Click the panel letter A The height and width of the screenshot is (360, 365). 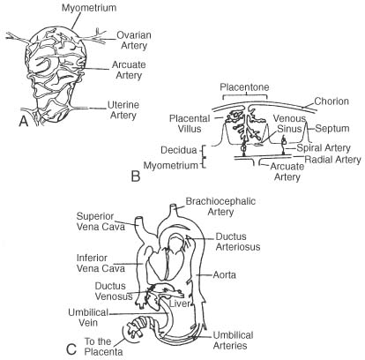[x=24, y=121]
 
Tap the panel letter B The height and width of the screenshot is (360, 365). [x=136, y=176]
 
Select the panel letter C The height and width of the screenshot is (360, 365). [x=71, y=349]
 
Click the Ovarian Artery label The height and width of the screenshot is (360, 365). [x=134, y=41]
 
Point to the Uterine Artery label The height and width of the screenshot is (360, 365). [x=123, y=110]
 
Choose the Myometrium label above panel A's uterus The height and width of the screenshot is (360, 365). [x=89, y=8]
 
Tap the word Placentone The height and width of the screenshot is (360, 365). [x=245, y=87]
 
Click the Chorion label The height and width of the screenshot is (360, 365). [x=331, y=101]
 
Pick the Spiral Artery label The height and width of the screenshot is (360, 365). [x=324, y=147]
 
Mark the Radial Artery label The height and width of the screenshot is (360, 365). [x=332, y=160]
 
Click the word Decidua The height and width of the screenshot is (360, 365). [x=179, y=150]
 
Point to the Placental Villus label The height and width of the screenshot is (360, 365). [x=190, y=124]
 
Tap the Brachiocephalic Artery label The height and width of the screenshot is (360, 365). [x=220, y=206]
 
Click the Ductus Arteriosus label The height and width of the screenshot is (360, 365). [x=238, y=242]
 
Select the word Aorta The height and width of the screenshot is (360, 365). [x=225, y=275]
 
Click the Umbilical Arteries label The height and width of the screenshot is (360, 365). [x=233, y=341]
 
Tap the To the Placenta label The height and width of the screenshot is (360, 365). [x=103, y=347]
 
